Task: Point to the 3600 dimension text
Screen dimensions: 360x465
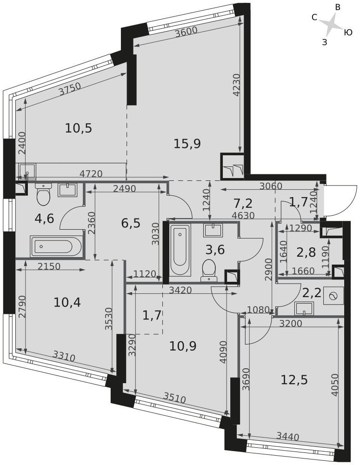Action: pos(186,32)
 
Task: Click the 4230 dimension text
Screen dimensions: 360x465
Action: pos(237,85)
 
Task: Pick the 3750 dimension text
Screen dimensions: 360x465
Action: pos(70,88)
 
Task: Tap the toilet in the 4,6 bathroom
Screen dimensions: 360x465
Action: pos(43,194)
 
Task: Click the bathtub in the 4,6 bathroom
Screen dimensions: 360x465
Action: pos(56,246)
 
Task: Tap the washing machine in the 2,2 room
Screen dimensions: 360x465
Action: pos(333,296)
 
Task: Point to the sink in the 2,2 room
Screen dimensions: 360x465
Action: pos(304,308)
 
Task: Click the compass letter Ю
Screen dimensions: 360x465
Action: pos(348,33)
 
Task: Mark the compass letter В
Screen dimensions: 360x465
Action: pos(338,8)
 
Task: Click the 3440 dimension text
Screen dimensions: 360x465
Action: pos(287,436)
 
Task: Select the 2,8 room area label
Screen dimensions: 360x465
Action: pos(306,253)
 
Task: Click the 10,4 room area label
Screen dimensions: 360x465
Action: pos(67,303)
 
